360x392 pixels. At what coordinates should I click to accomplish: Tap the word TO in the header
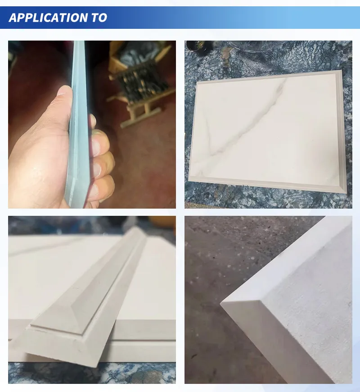click(100, 18)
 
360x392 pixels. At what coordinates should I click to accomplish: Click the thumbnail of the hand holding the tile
click(92, 124)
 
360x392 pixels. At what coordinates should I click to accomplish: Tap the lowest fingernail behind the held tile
click(93, 191)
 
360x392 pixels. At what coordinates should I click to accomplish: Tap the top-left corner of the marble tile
click(197, 82)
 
